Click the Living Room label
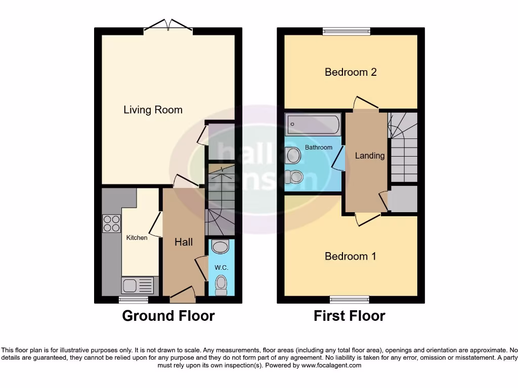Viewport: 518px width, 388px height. click(153, 110)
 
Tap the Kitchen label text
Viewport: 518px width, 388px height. click(137, 237)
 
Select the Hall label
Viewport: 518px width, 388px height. click(183, 242)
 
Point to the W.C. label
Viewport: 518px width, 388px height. click(222, 267)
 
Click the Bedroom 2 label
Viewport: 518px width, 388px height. click(351, 72)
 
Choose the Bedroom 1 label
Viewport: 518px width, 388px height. click(350, 256)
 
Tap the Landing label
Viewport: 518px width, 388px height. click(369, 156)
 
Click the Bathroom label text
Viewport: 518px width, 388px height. click(318, 148)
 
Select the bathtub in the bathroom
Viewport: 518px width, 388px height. click(313, 124)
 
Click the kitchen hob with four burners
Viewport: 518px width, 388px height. click(111, 223)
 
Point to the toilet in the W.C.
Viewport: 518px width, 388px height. click(221, 285)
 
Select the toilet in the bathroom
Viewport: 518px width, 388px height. click(293, 177)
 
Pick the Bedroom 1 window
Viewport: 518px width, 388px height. click(350, 299)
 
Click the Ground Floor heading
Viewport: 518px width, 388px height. click(168, 316)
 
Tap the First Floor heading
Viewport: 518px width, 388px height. click(349, 316)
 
